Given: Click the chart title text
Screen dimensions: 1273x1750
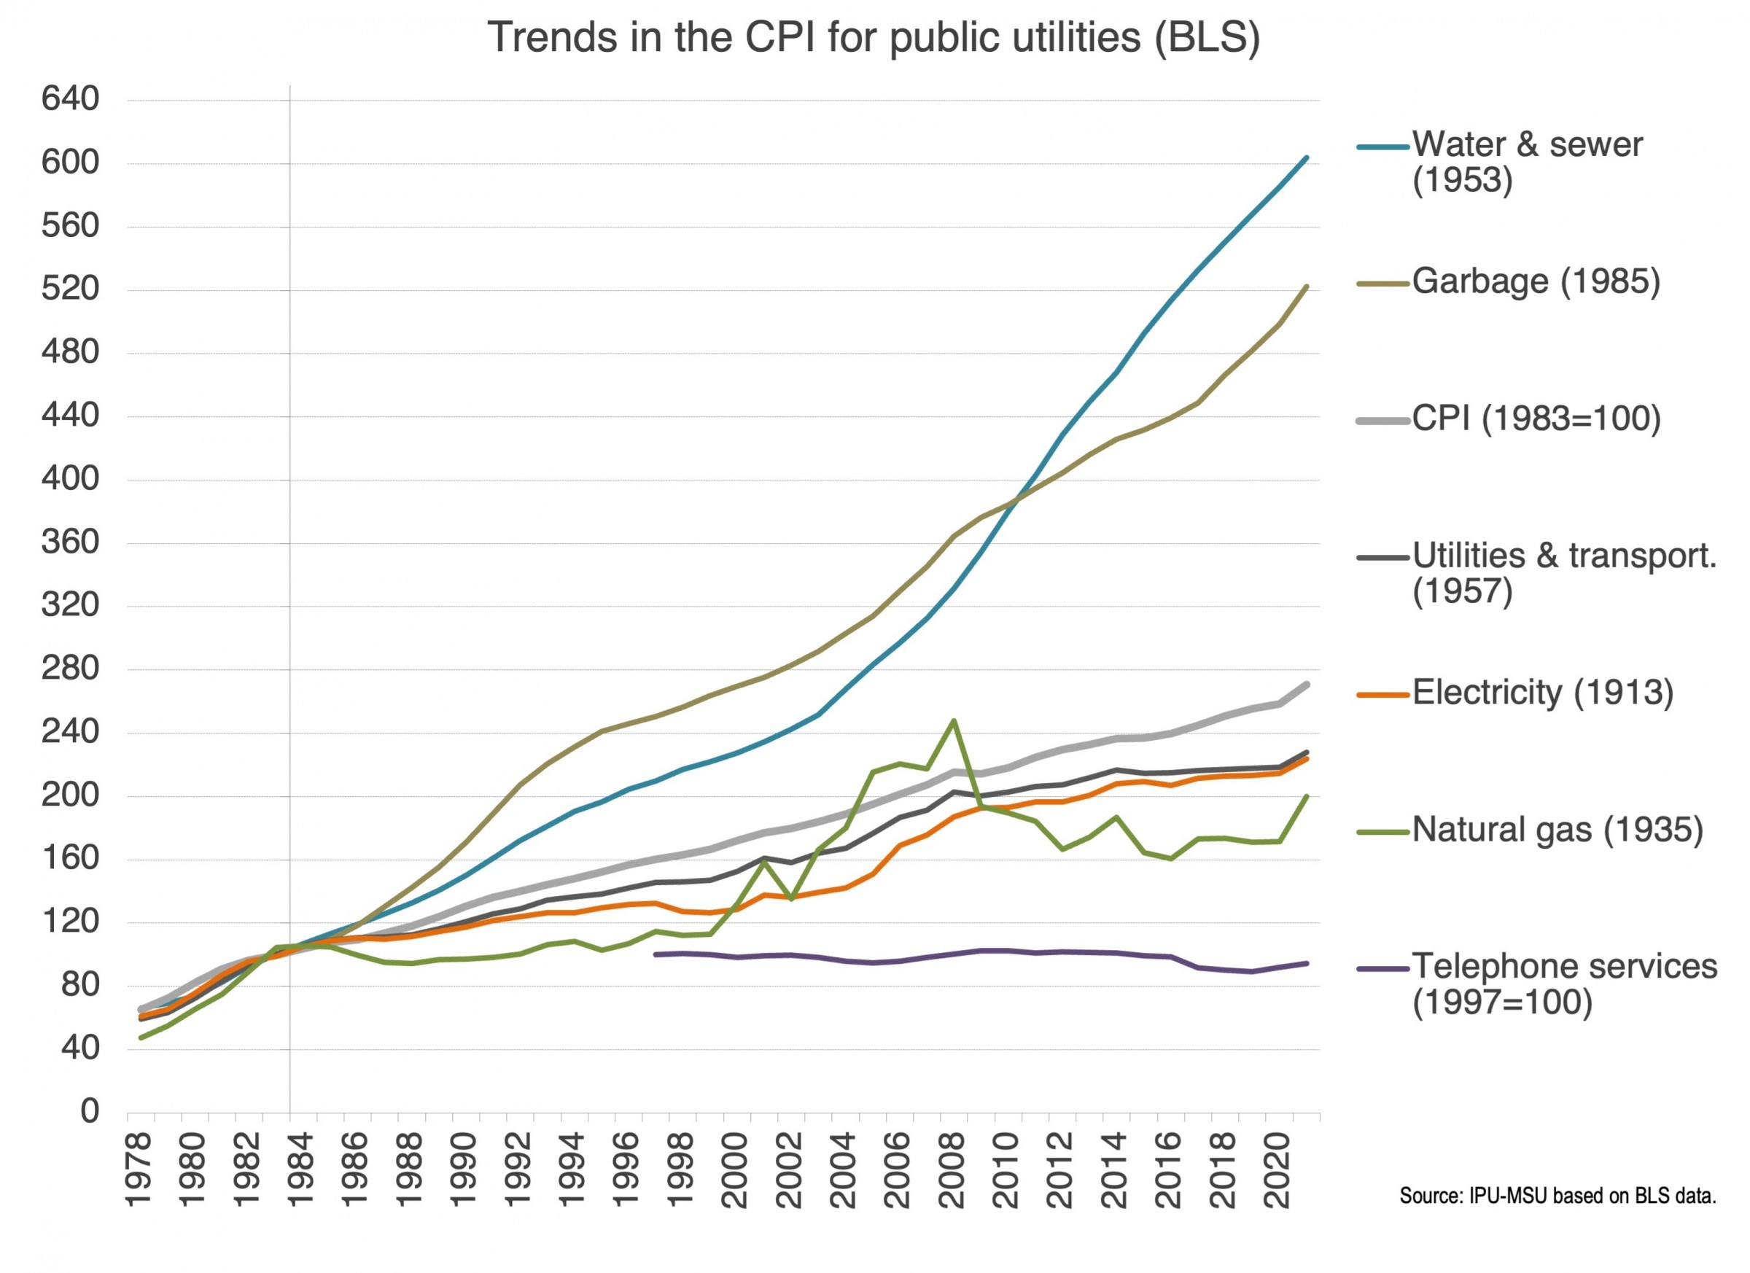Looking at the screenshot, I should coord(874,37).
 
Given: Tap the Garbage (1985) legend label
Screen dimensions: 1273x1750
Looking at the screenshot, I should coord(1535,281).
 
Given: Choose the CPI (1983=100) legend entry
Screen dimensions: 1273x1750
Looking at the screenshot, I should coord(1536,419).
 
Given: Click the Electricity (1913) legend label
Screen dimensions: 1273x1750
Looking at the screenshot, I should coord(1541,693).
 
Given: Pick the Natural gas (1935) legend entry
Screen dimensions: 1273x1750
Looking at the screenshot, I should coord(1556,830).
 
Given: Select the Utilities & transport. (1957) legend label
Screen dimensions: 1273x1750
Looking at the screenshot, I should coord(1563,572).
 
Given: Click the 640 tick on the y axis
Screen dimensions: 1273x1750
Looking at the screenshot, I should coord(70,100).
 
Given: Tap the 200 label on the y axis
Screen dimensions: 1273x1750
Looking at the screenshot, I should coord(70,795).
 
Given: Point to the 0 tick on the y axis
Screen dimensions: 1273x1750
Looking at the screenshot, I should coord(90,1112).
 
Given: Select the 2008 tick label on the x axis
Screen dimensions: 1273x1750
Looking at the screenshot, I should coord(954,1169).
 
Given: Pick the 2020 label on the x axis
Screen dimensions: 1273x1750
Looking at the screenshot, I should coord(1279,1169).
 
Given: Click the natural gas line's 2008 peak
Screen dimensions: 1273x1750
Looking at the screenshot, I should coord(954,720).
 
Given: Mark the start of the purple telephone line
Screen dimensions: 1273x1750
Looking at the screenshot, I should coord(655,954).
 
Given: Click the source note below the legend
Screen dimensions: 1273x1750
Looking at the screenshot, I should coord(1557,1196).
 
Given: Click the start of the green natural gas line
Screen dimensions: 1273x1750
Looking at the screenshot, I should coord(141,1038).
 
